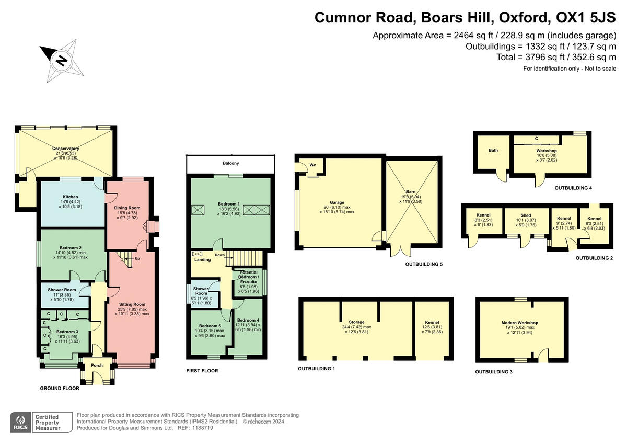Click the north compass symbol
coord(61,60)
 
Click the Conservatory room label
coord(66,149)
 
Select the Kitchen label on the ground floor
coord(71,197)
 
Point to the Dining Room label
coord(127,208)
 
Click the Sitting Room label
coord(132,304)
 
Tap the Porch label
coord(97,365)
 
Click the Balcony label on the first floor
coord(231,164)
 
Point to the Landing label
coord(202,259)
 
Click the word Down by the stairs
coord(220,255)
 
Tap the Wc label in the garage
coord(313,165)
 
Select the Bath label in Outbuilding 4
coord(493,150)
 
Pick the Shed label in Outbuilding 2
coord(526,215)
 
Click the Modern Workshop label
coord(519,323)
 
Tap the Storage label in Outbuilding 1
coord(356,322)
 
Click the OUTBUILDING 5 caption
coord(424,265)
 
